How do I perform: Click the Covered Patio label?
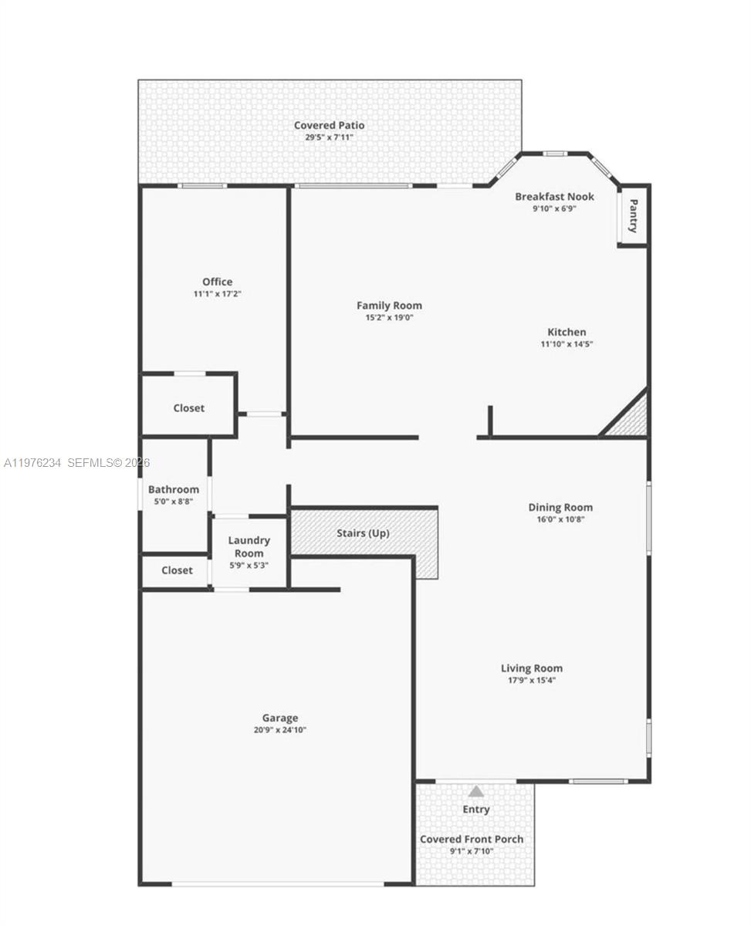(x=329, y=125)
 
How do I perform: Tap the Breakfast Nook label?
(x=554, y=197)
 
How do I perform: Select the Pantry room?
(x=633, y=216)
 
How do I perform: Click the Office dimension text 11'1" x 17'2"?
(x=217, y=294)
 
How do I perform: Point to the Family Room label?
(x=389, y=306)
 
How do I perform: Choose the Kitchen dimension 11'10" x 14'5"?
(x=567, y=344)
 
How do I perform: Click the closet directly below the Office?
(x=188, y=407)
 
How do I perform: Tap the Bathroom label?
(x=174, y=489)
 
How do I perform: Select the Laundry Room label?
(x=249, y=546)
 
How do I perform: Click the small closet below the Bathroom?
(x=177, y=570)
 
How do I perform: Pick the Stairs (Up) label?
(x=363, y=533)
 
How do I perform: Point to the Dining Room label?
(x=560, y=507)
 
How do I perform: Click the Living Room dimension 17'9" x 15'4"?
(x=532, y=681)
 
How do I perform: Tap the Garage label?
(x=279, y=718)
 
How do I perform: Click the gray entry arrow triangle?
(x=476, y=791)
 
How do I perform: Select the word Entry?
(x=476, y=809)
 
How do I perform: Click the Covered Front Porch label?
(x=472, y=839)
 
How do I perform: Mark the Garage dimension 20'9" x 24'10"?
(x=279, y=730)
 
